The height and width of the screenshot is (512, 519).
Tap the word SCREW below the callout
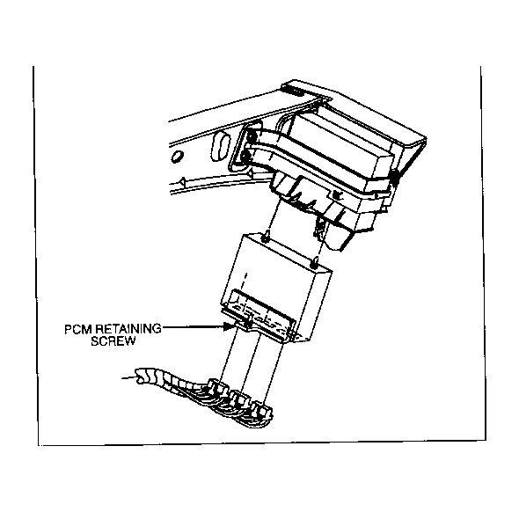tap(113, 341)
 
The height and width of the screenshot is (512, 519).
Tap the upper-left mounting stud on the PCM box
tap(266, 238)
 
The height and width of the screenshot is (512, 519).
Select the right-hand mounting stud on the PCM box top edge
tap(313, 262)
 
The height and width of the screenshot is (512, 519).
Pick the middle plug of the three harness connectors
tap(239, 399)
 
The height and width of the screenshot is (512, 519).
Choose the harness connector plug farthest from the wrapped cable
tap(261, 410)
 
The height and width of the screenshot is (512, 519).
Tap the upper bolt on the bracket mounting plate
tap(251, 136)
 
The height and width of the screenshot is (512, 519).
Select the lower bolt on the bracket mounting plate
tap(245, 156)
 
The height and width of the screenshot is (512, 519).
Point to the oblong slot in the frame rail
tap(219, 146)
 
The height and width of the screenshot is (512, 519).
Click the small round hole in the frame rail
tap(176, 157)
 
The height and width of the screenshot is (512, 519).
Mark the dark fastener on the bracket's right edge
tap(395, 177)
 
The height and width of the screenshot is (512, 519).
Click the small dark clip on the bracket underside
tap(337, 195)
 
